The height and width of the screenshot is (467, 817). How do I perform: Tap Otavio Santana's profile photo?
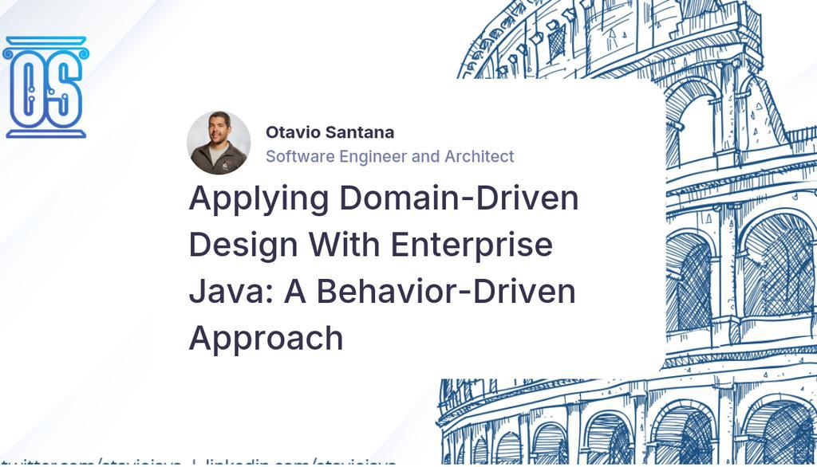(x=219, y=143)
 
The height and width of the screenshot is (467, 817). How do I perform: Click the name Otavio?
(x=290, y=132)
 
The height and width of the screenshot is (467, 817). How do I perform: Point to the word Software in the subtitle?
(x=300, y=156)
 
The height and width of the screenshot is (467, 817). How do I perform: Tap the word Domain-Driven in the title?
(x=459, y=198)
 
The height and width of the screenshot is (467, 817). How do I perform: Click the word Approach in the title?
(x=266, y=338)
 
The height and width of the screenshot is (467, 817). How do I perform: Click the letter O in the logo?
(x=28, y=88)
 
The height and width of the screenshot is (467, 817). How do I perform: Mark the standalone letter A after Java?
(x=296, y=291)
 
